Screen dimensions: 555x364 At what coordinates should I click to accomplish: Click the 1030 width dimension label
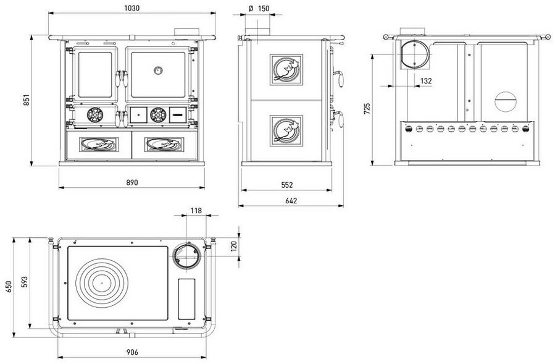pos(132,8)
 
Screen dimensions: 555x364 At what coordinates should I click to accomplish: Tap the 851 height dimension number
pos(27,100)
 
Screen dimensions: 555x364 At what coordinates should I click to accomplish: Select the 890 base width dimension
pos(132,182)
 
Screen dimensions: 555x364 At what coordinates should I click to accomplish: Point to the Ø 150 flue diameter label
pos(259,9)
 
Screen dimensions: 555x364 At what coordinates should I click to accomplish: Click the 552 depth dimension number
pos(287,185)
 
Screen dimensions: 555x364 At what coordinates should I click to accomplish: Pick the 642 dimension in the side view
pos(291,201)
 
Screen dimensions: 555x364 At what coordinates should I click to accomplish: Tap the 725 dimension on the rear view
pos(367,108)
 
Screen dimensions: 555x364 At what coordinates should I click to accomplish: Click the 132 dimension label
pos(426,81)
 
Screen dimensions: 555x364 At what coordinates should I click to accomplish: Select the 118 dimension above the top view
pos(196,211)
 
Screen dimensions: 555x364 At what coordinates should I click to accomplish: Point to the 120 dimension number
pos(233,245)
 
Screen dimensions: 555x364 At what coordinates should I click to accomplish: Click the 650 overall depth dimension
pos(9,286)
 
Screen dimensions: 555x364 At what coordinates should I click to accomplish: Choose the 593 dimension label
pos(24,282)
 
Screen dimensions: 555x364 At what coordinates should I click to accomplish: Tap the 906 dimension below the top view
pos(132,352)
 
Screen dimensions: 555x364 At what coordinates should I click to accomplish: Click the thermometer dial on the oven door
pos(158,70)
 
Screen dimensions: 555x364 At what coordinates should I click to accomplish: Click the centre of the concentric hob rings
pos(102,283)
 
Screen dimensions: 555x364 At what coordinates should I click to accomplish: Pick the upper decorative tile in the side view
pos(286,69)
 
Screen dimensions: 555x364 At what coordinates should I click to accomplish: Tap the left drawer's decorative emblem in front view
pos(99,144)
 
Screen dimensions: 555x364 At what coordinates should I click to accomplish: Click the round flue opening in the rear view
pos(414,54)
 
